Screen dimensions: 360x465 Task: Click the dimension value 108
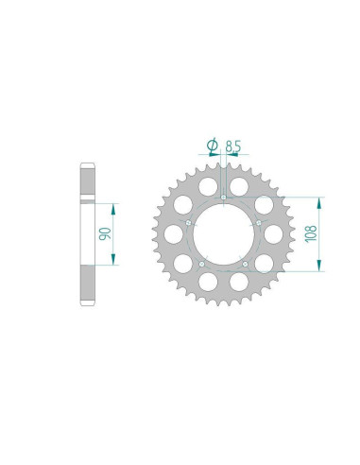(311, 233)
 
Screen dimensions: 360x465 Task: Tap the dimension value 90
(105, 233)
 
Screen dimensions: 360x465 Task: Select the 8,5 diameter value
(233, 146)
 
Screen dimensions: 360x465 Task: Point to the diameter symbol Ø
(213, 145)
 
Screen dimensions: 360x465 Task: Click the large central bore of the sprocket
(223, 234)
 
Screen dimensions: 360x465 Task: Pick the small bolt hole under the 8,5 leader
(223, 198)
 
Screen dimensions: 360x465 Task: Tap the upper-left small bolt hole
(188, 222)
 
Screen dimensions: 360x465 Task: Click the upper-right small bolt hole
(259, 223)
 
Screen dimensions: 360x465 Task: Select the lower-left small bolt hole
(202, 264)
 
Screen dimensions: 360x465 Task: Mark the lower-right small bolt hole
(246, 264)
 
